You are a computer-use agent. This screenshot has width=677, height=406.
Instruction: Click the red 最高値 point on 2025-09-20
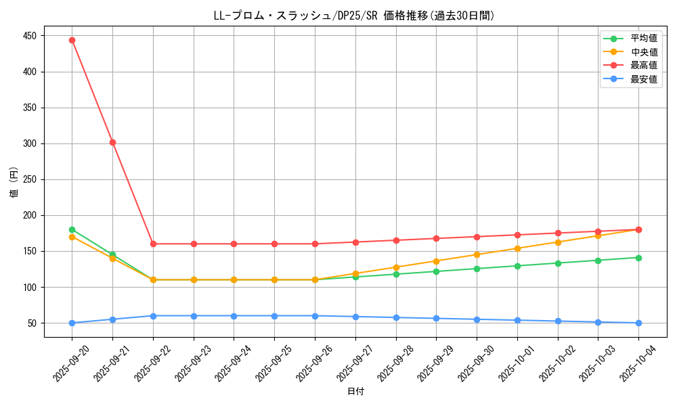[72, 40]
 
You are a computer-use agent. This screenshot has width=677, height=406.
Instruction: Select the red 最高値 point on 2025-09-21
[112, 142]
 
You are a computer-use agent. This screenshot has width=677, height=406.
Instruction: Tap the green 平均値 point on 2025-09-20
[72, 229]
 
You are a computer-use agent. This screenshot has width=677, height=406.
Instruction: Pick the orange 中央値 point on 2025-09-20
[72, 237]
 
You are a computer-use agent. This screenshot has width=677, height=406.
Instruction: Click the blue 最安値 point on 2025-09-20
[72, 323]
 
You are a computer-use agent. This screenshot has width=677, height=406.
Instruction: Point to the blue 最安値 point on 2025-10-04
[638, 323]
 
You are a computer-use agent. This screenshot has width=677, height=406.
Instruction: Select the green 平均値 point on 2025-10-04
[638, 258]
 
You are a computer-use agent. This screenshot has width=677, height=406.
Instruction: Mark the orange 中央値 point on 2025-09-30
[477, 254]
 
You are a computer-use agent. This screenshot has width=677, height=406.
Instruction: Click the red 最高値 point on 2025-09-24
[234, 244]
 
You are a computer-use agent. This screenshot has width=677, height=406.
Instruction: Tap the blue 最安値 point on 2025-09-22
[153, 316]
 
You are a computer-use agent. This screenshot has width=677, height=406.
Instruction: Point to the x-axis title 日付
[355, 392]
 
